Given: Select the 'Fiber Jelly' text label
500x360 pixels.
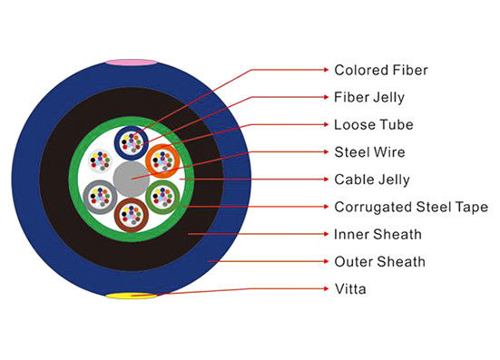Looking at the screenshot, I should pos(368,96).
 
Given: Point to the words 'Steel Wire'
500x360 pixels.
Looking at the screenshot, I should pos(369,151).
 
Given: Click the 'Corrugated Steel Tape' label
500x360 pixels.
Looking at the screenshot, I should pos(411,207).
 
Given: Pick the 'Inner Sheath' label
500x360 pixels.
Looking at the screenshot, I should pos(377,234).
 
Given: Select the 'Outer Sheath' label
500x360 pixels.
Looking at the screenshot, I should pos(379,262).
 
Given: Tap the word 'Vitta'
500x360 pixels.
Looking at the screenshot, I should pos(350,289).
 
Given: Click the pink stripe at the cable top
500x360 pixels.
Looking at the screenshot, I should pos(132,63).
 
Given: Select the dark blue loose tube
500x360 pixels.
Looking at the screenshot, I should pos(133,141).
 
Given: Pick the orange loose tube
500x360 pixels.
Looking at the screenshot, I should pos(164,161).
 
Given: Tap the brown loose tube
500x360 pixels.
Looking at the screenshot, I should pos(132,217).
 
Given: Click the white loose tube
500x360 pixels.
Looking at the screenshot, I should pos(99,161).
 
